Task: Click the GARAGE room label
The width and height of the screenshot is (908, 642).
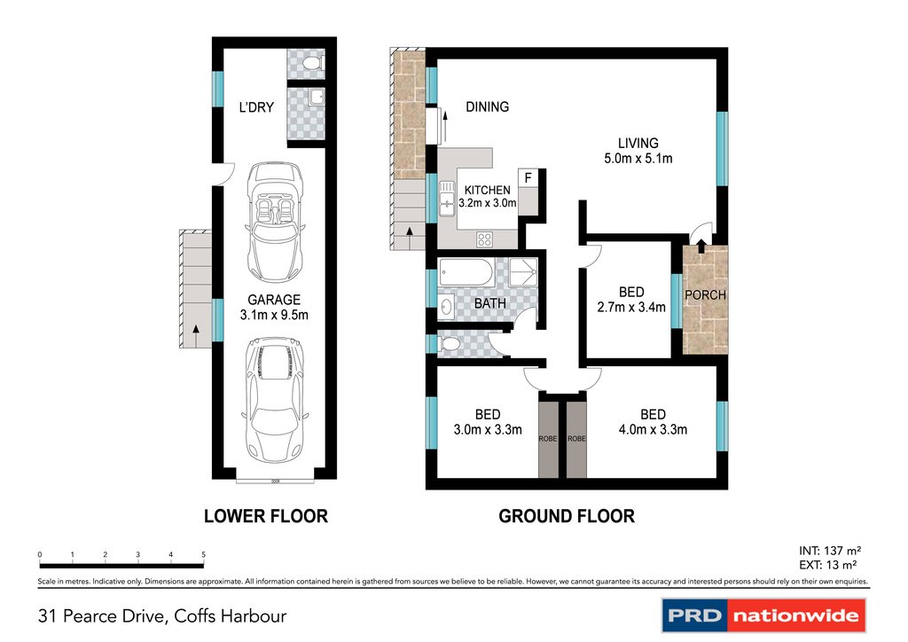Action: (274, 300)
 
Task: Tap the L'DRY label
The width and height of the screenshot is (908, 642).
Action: (256, 107)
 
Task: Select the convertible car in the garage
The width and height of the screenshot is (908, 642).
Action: (275, 223)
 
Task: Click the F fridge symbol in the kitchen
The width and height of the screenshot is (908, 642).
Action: (528, 178)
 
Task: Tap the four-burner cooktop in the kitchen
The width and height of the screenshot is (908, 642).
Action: (485, 239)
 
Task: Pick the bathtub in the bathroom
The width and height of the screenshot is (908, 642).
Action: (466, 272)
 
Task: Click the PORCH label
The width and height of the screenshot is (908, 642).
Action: (705, 295)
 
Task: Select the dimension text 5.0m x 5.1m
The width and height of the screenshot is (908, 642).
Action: (638, 159)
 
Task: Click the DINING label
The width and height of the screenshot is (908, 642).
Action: (488, 106)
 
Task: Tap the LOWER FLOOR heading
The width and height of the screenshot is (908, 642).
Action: (266, 516)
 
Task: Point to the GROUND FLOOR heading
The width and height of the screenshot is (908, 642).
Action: (567, 516)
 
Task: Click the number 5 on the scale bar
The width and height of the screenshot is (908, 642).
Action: (203, 554)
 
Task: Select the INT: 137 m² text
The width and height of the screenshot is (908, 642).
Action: (830, 551)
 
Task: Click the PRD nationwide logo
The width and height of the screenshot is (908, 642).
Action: (763, 615)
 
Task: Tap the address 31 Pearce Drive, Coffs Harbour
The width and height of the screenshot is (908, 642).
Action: (162, 616)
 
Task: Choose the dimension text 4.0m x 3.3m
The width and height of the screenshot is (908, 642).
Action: (653, 429)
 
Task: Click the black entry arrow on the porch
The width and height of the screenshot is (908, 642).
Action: (701, 246)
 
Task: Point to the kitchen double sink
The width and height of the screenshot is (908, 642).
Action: (447, 199)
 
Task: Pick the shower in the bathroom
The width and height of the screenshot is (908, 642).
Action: (523, 272)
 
